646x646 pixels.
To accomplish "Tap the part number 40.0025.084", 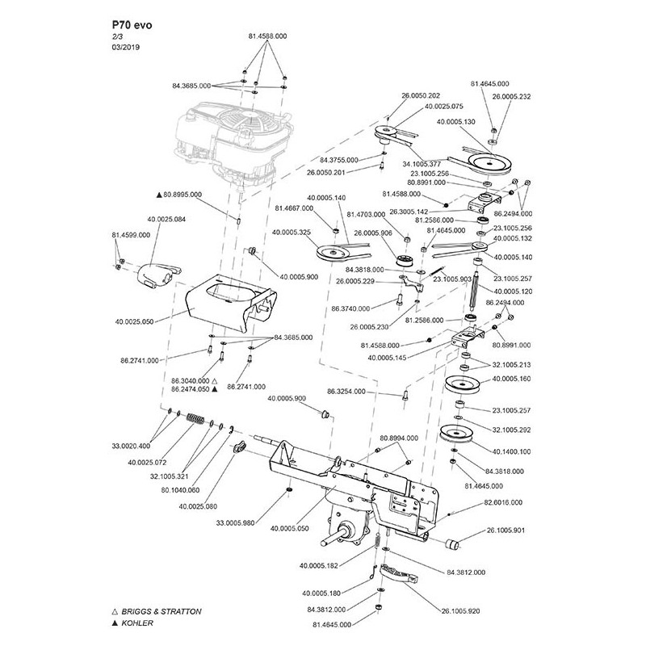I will pyautogui.click(x=167, y=220).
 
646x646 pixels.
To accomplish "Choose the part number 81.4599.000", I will pyautogui.click(x=130, y=234).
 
